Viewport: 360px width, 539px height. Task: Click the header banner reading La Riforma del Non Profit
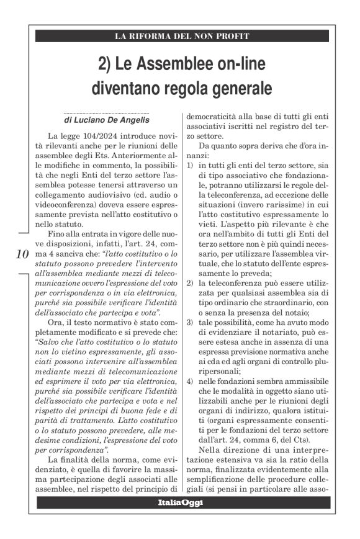coord(181,37)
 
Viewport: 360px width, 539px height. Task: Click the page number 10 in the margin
coord(20,254)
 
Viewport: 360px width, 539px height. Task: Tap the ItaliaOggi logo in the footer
coord(180,502)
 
